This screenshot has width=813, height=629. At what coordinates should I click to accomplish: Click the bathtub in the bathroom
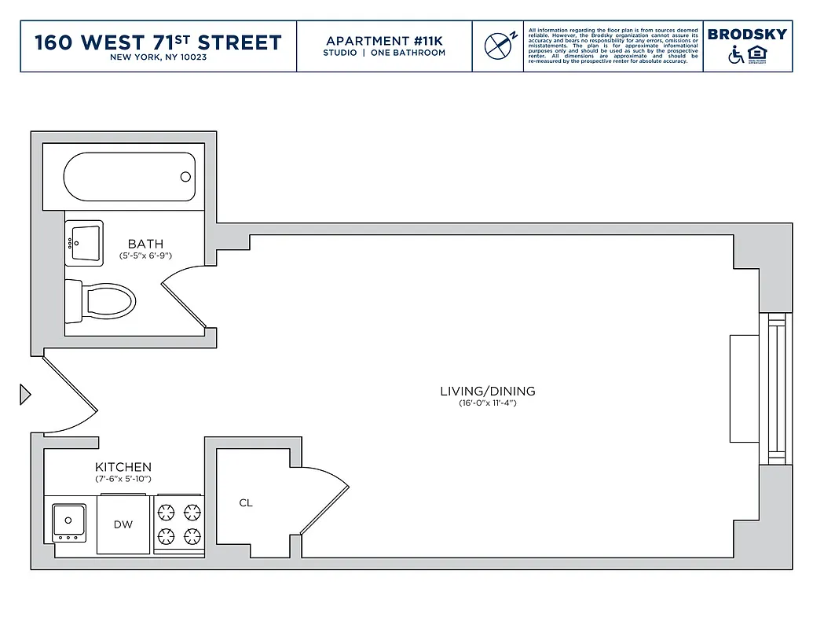(129, 177)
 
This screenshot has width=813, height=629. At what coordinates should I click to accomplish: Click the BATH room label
(145, 245)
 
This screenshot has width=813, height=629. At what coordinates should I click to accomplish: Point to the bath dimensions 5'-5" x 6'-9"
(145, 256)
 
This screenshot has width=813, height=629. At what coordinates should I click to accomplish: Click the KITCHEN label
(123, 467)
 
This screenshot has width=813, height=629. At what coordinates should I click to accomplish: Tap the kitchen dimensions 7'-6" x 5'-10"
(123, 478)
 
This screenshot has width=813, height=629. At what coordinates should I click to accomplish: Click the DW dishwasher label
(123, 524)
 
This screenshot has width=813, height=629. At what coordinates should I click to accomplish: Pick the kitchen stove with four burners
(178, 525)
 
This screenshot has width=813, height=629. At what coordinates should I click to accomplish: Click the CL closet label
(246, 503)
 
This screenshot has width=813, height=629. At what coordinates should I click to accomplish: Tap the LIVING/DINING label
(487, 391)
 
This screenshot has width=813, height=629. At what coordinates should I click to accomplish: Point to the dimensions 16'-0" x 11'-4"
(487, 403)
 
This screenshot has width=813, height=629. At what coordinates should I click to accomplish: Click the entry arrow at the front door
(25, 394)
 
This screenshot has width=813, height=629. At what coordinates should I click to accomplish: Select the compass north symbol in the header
(498, 46)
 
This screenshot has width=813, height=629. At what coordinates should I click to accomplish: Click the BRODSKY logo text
(746, 35)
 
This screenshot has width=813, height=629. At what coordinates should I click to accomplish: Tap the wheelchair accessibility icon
(736, 55)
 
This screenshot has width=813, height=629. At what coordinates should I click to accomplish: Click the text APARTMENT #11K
(384, 40)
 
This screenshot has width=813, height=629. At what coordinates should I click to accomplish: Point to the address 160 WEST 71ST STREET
(158, 42)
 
